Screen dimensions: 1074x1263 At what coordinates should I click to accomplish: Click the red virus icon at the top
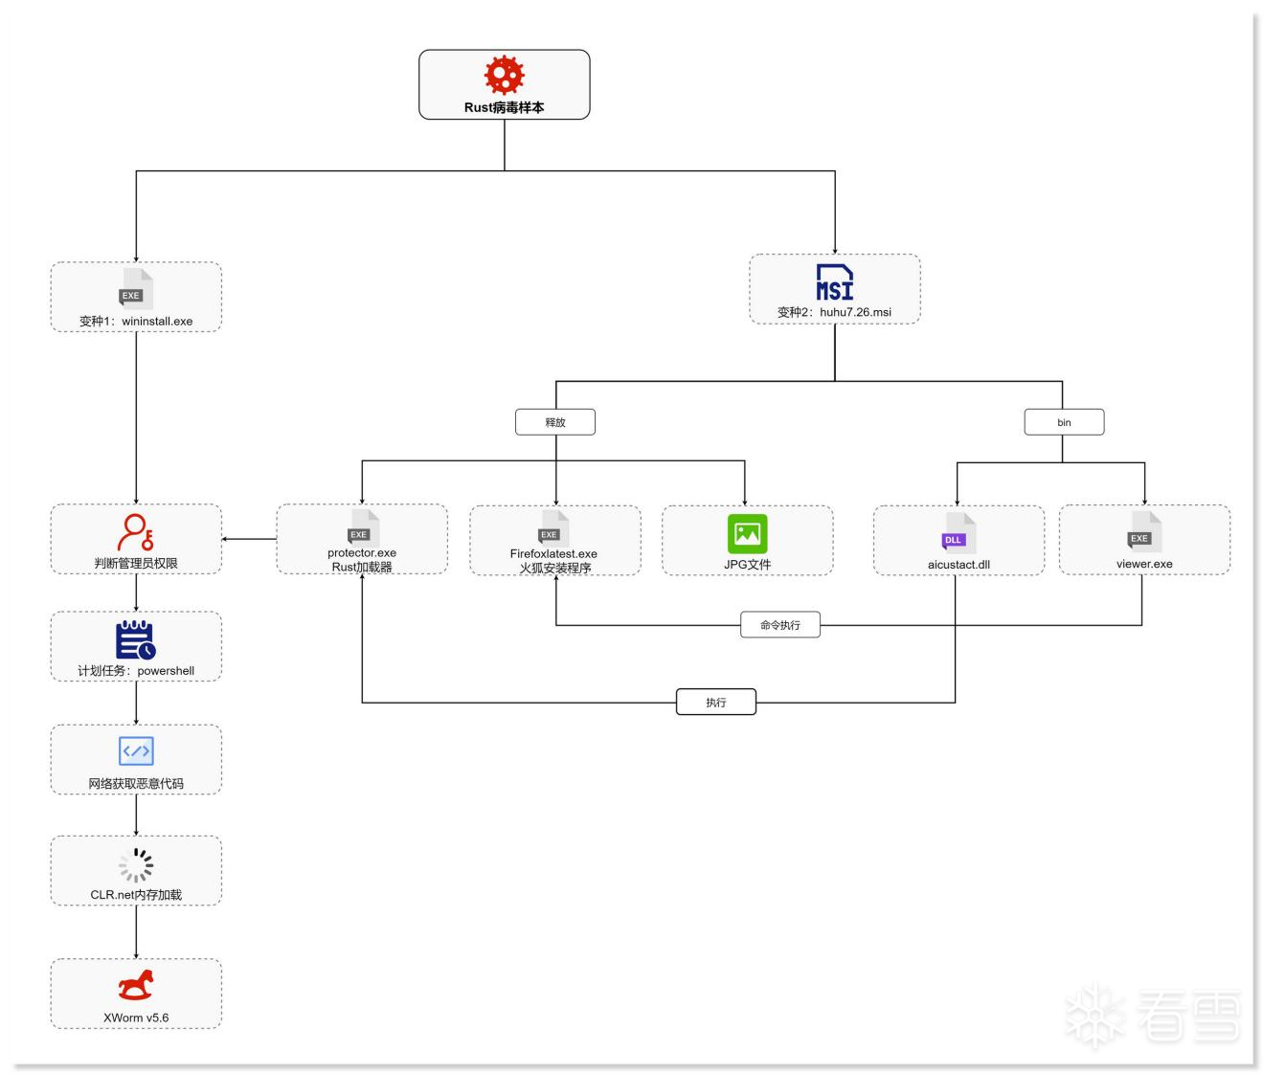(x=504, y=75)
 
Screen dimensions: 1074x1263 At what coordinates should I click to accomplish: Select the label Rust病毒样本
(x=504, y=108)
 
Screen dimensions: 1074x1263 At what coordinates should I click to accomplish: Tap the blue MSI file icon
(x=834, y=282)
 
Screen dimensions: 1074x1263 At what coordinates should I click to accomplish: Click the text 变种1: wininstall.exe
(x=136, y=322)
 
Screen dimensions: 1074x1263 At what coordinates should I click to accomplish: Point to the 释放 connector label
(x=555, y=422)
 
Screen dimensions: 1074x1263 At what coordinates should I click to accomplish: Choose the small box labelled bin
(x=1064, y=422)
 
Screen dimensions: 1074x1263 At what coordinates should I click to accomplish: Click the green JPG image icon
(x=747, y=534)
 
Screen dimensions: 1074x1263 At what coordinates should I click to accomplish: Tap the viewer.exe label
(x=1143, y=564)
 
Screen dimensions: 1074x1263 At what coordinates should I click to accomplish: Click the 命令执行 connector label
(x=779, y=625)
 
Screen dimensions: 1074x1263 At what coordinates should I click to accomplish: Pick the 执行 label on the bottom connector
(x=716, y=703)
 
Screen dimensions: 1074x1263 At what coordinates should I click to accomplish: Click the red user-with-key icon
(x=136, y=532)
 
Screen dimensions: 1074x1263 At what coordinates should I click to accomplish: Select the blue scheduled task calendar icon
(x=136, y=640)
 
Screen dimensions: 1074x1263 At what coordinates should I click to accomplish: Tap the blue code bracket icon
(x=136, y=751)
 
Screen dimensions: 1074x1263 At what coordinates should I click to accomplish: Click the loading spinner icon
(x=136, y=864)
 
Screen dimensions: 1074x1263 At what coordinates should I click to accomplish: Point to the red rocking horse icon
(x=136, y=985)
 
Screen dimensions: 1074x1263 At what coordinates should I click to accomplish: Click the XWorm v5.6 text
(x=136, y=1018)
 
